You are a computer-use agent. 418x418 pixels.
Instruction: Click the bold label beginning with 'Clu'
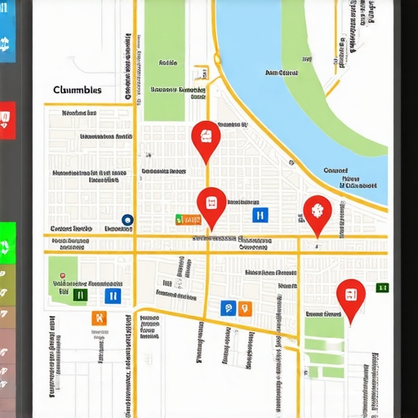(x=78, y=90)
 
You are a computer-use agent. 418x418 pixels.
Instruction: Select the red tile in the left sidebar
(x=7, y=120)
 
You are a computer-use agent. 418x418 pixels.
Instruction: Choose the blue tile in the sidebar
(x=7, y=42)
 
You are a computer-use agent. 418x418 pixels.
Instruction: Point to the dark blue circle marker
(x=127, y=220)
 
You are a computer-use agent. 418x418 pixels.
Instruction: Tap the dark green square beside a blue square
(x=80, y=296)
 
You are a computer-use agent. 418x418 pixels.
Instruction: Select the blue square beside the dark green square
(x=113, y=296)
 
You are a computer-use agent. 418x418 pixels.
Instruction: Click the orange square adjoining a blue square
(x=244, y=308)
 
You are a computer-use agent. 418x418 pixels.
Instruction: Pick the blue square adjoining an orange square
(x=229, y=308)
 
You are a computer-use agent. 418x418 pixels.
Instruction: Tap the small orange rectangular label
(x=189, y=219)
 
